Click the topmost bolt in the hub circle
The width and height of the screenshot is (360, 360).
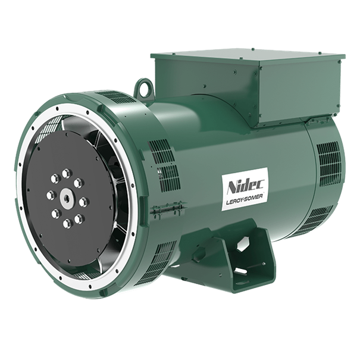67,173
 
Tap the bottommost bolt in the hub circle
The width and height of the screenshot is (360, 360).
67,223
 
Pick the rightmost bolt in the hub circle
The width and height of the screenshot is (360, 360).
83,202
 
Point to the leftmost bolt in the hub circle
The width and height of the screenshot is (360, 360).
51,195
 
